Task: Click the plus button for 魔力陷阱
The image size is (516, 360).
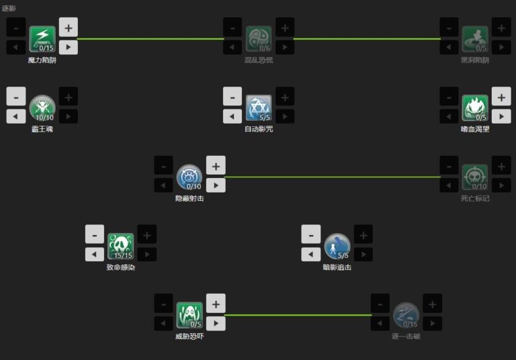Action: (68, 28)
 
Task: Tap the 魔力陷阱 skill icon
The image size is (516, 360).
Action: (42, 38)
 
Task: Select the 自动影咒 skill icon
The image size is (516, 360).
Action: (259, 107)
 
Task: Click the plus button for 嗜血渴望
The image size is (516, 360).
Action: (501, 96)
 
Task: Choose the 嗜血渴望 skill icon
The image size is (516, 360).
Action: (475, 107)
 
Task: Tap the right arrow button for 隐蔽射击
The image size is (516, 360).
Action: (215, 185)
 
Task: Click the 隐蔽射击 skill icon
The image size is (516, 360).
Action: (189, 177)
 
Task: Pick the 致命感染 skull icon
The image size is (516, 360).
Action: (121, 246)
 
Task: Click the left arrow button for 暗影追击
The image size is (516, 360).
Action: (311, 255)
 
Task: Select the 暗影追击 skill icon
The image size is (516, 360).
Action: (337, 246)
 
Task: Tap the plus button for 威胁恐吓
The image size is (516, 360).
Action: (215, 304)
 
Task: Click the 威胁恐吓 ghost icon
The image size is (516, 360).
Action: (189, 315)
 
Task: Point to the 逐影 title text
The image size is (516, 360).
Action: (9, 8)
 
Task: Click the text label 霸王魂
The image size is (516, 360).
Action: (42, 129)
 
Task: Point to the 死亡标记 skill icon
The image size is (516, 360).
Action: (475, 177)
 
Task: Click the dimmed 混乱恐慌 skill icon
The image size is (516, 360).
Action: (259, 38)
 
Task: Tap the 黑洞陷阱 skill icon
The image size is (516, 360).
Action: (475, 38)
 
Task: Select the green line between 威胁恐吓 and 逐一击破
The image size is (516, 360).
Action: (298, 315)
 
